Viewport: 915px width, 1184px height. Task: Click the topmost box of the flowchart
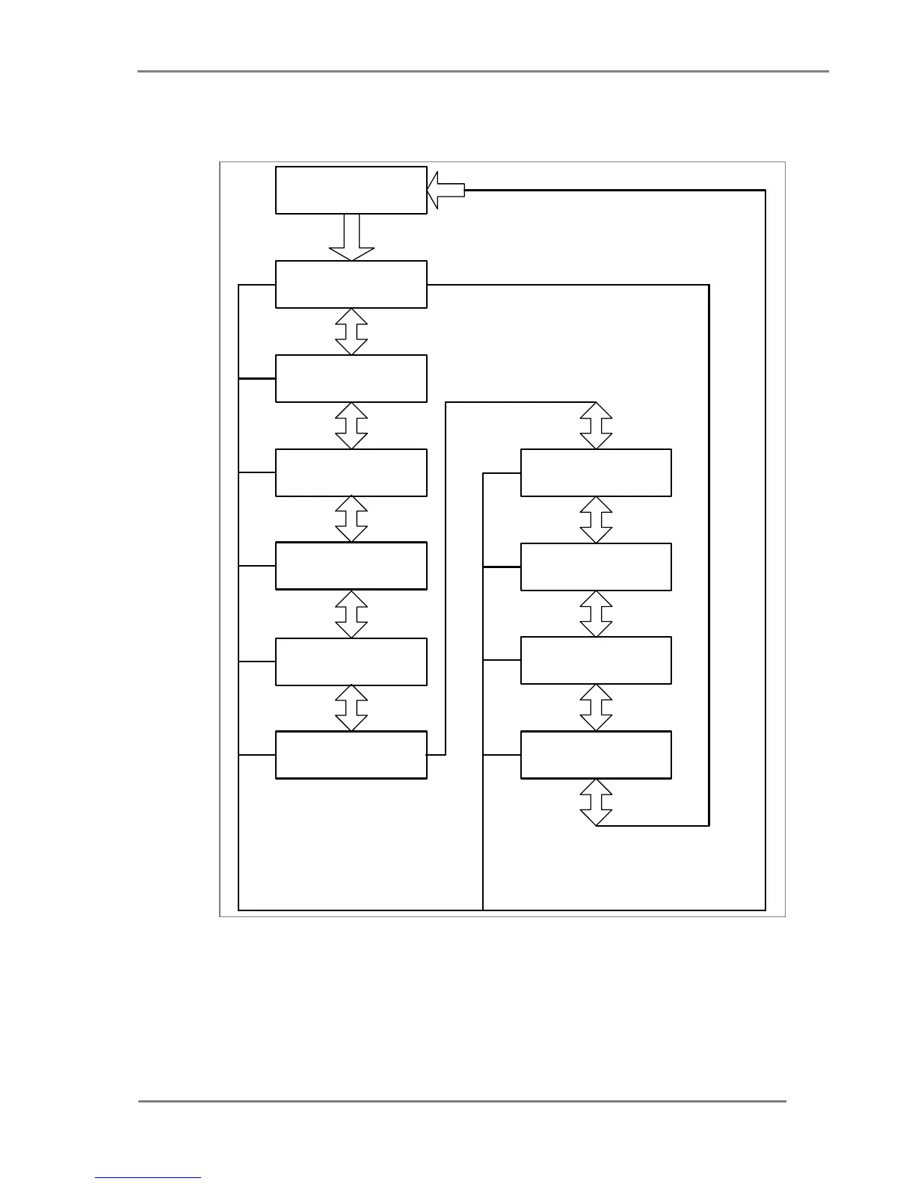tap(351, 190)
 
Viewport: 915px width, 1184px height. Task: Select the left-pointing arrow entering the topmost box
tap(446, 191)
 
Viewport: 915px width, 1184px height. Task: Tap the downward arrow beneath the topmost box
tap(351, 237)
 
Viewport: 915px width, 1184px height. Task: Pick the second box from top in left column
tap(351, 284)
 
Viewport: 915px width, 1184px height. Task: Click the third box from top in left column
tap(351, 378)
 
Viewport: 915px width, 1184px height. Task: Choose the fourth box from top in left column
tap(351, 472)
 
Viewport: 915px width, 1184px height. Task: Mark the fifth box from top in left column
tap(351, 566)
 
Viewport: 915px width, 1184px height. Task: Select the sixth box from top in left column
tap(351, 662)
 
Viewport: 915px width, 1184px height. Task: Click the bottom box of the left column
tap(351, 755)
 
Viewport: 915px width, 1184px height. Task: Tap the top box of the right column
tap(596, 472)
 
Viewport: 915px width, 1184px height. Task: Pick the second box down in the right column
tap(596, 567)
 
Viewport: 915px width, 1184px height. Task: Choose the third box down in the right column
tap(596, 660)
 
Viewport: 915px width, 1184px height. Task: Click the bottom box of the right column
tap(596, 755)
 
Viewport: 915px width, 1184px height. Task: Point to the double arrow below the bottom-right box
tap(596, 802)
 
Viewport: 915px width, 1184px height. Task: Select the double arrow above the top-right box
tap(596, 425)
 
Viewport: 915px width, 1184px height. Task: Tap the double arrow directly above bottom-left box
tap(351, 708)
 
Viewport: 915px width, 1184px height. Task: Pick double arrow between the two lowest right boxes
tap(596, 707)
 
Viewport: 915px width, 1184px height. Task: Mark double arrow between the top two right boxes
tap(596, 519)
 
